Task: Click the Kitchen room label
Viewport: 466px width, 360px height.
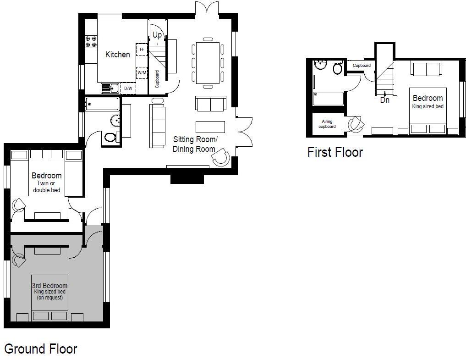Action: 118,55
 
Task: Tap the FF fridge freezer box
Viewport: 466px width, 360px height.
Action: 142,50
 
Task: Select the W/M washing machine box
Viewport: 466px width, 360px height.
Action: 142,72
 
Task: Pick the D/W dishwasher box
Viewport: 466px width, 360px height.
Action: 128,89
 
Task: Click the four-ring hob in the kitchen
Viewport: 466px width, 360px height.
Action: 91,42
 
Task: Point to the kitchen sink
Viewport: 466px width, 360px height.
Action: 110,89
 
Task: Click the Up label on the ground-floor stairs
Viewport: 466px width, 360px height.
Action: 157,35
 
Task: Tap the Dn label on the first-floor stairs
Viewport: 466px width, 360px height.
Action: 385,100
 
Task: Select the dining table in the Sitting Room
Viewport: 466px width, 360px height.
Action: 208,63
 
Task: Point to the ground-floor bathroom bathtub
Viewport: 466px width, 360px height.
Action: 102,104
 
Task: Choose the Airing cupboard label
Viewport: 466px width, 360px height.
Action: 327,124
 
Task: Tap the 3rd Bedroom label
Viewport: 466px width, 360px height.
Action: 49,286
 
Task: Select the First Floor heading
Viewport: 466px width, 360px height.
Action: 335,152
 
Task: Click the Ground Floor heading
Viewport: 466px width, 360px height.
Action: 41,349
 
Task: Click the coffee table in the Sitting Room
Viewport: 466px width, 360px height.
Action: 210,127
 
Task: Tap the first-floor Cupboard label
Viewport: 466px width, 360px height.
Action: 362,66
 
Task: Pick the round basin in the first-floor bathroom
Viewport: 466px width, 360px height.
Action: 320,65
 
